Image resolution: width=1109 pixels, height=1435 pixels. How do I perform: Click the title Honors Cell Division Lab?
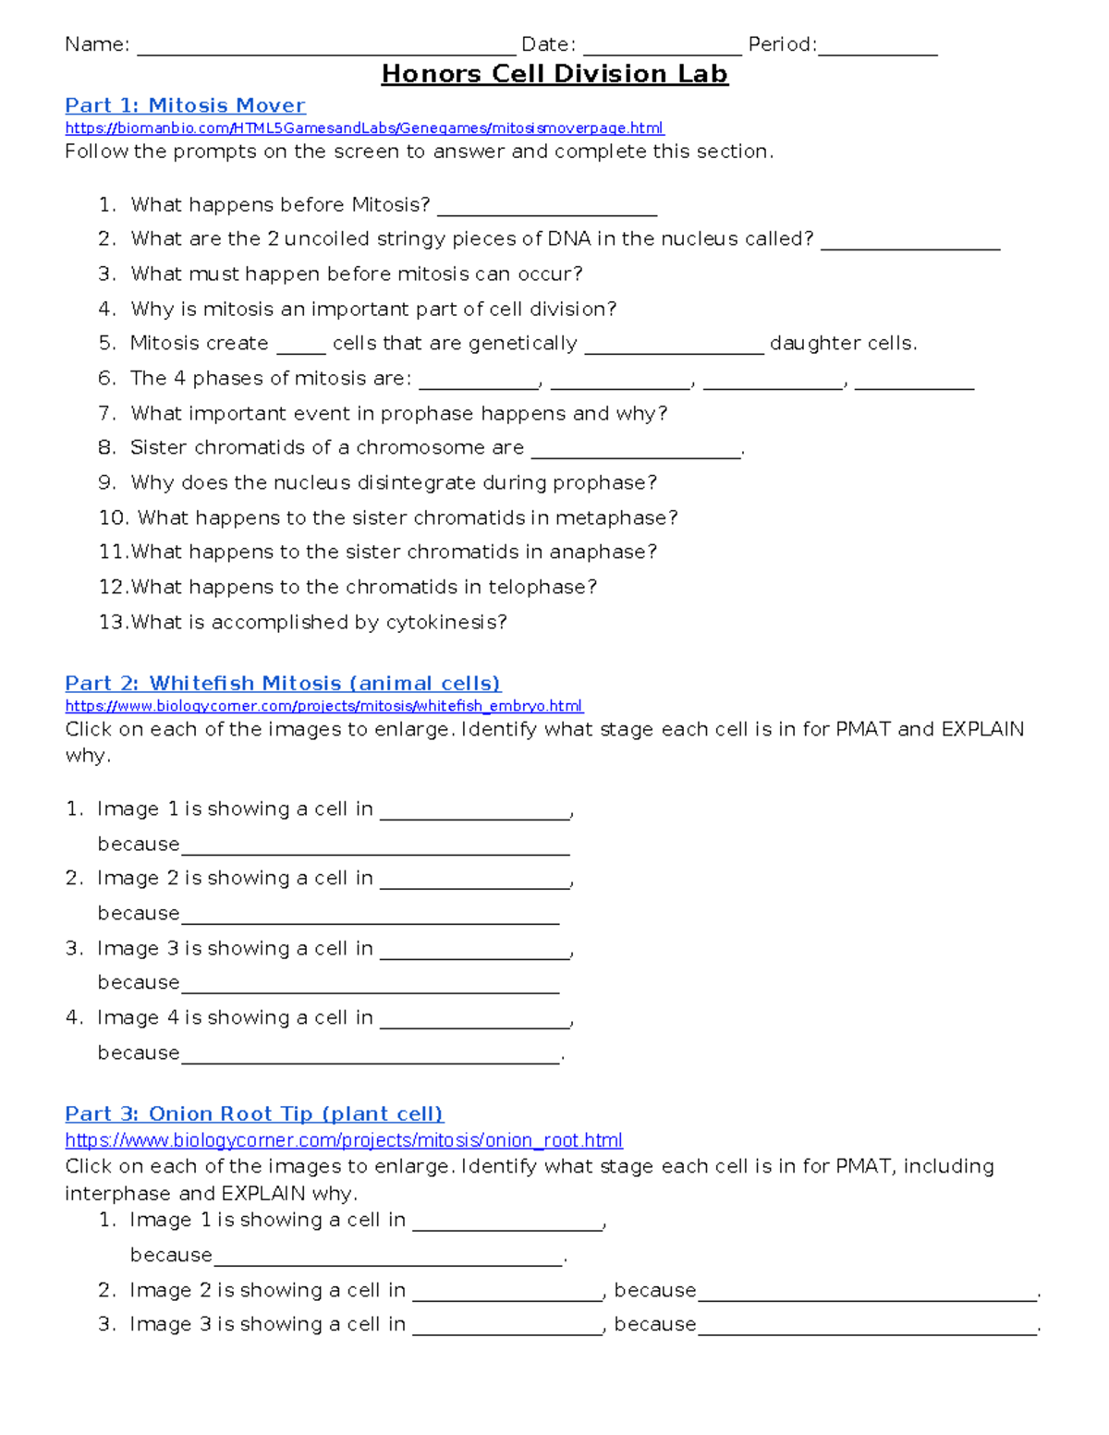click(x=554, y=74)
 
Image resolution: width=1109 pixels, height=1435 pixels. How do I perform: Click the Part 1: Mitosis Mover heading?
click(x=185, y=105)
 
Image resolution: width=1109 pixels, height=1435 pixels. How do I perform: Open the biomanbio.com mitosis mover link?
click(x=364, y=128)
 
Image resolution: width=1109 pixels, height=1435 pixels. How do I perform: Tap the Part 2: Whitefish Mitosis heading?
click(x=283, y=683)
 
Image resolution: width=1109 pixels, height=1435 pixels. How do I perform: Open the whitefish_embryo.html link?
click(x=323, y=706)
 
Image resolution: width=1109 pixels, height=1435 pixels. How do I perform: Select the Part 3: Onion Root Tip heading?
click(x=254, y=1113)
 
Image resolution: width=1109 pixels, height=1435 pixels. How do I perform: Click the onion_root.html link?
click(x=344, y=1140)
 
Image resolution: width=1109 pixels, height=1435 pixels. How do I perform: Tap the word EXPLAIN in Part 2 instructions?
click(x=982, y=729)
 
